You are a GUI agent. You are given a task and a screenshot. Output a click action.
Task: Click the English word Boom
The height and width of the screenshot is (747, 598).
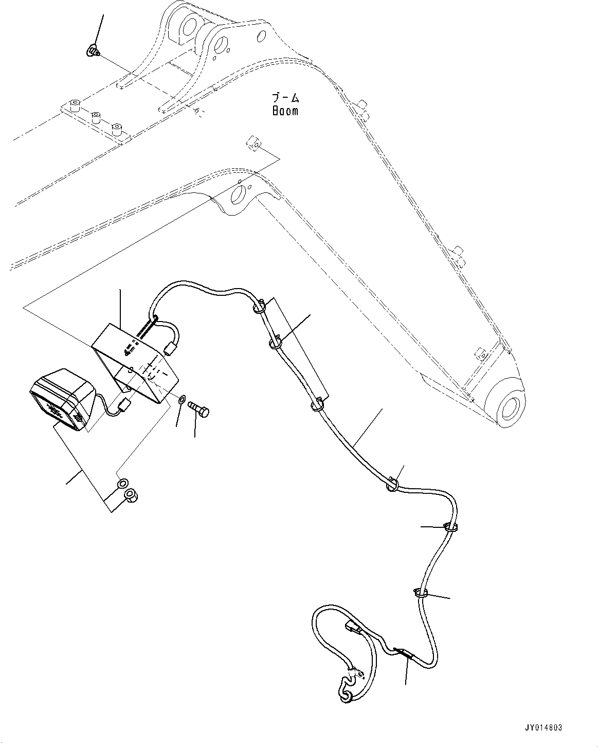click(285, 110)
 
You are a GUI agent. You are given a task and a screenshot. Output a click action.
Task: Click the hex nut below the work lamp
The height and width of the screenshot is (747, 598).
click(132, 496)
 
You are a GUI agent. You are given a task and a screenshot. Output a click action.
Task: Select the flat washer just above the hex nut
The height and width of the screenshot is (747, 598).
click(122, 484)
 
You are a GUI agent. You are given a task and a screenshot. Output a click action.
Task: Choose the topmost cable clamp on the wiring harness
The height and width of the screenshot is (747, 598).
click(259, 308)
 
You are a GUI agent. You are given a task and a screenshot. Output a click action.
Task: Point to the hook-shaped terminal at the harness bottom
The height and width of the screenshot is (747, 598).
click(346, 692)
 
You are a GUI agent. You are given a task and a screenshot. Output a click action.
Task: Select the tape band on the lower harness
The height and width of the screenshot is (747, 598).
click(403, 653)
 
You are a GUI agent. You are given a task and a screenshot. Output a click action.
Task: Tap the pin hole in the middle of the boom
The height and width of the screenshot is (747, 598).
click(240, 195)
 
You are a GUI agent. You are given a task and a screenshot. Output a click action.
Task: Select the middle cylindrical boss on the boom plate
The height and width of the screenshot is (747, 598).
click(96, 116)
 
